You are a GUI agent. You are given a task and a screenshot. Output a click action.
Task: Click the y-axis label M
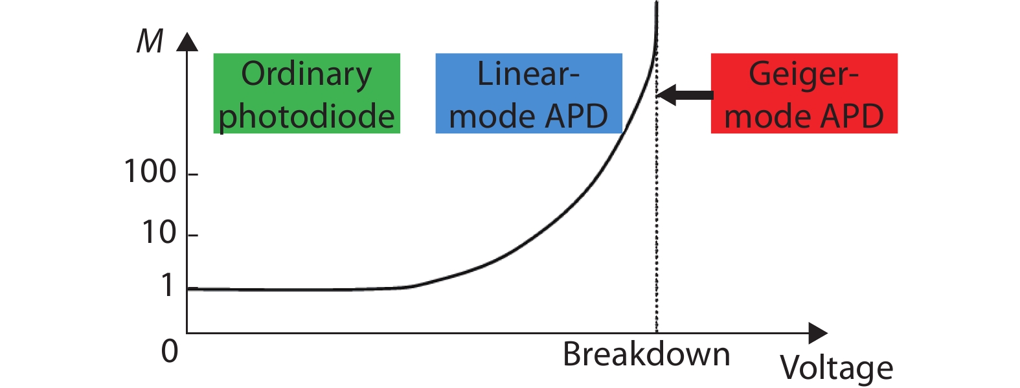(150, 41)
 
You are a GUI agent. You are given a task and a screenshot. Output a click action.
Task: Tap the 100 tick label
(150, 172)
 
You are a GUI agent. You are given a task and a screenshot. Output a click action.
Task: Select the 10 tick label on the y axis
(159, 233)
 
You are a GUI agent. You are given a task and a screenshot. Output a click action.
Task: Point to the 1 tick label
(168, 286)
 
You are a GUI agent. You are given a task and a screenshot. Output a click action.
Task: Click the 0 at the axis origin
(170, 352)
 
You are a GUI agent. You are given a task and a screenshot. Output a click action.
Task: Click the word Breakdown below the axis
(646, 354)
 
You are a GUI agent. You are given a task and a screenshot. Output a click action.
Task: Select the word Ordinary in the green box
(306, 76)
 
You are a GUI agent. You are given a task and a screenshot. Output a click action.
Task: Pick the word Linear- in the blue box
(528, 74)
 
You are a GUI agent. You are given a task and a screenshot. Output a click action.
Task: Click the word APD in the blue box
(576, 117)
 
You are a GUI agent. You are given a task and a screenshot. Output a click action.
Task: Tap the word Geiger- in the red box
(804, 76)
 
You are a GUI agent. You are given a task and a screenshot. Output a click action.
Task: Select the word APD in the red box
(852, 117)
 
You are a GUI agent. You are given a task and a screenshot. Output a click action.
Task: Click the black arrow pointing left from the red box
(685, 95)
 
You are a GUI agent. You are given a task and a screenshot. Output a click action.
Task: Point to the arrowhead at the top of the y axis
(187, 41)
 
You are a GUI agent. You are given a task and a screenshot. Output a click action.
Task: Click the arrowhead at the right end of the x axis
(818, 334)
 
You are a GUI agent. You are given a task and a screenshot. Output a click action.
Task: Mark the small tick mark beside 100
(192, 174)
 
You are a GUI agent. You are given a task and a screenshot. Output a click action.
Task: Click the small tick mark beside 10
(192, 235)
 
